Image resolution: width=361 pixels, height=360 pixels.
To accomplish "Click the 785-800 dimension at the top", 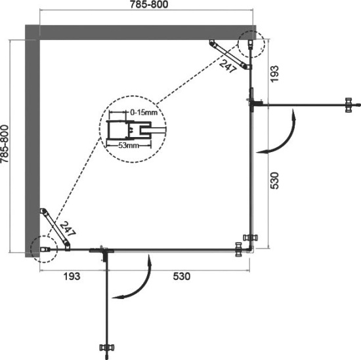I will pos(146,6).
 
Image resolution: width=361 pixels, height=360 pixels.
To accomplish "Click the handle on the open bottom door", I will pos(105,347).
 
